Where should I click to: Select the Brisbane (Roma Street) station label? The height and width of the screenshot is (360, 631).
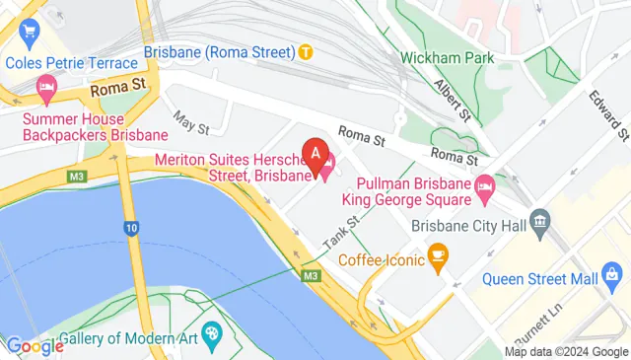(220, 51)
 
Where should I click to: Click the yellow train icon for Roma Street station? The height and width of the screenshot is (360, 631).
(307, 51)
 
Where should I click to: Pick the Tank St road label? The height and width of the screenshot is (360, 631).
(340, 234)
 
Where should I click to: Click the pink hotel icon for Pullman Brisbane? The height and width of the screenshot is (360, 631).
(485, 184)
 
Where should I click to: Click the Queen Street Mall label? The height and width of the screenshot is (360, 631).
(533, 279)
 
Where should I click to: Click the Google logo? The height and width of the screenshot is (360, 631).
(35, 346)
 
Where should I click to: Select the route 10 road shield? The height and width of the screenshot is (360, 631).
(131, 229)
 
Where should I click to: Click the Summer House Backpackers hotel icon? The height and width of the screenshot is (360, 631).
(45, 92)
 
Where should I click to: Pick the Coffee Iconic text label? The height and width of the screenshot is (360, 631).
(381, 260)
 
